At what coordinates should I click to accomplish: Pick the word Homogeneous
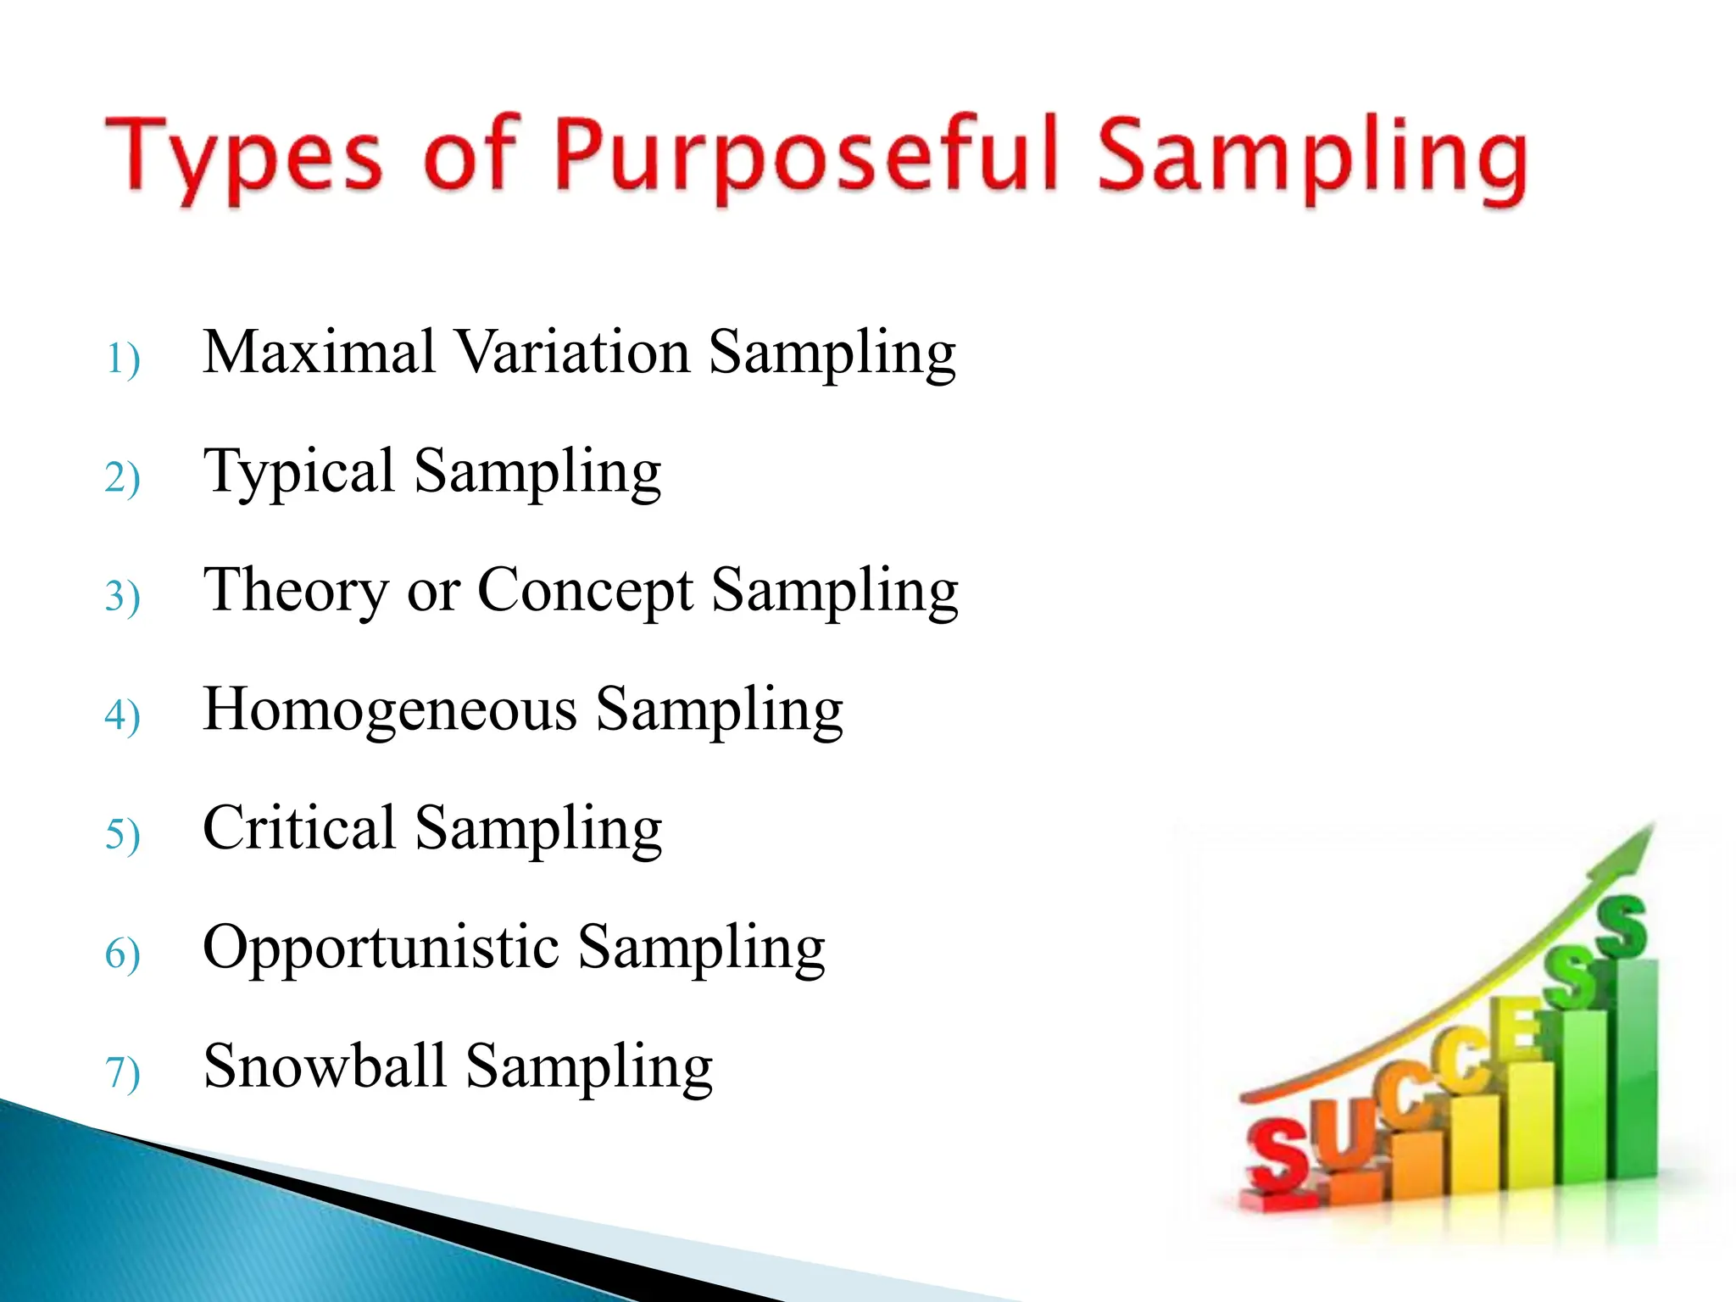coord(390,709)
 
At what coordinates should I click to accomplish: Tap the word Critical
coord(299,828)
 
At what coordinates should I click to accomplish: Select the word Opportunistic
coord(381,948)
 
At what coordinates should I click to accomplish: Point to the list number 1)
coord(123,359)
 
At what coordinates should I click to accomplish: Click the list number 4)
coord(123,715)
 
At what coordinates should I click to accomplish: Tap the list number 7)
coord(123,1072)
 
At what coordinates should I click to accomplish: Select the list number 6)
coord(123,954)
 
